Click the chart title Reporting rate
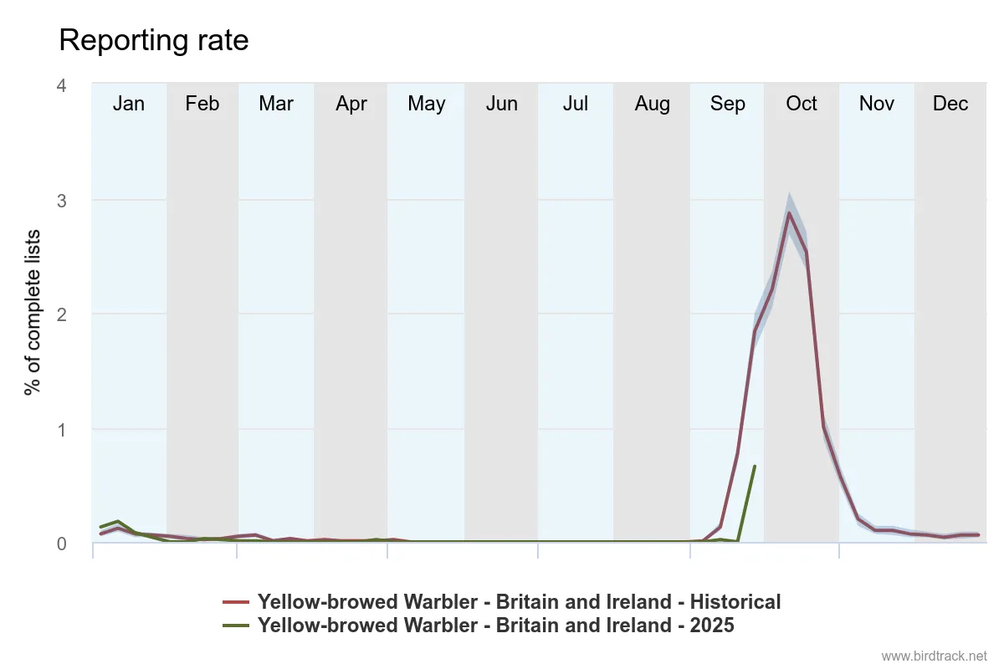(154, 40)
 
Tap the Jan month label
(129, 104)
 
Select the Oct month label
(802, 104)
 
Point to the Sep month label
(727, 104)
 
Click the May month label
(427, 104)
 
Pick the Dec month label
(950, 104)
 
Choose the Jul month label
(576, 104)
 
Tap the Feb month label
(202, 104)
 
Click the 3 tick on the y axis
(62, 201)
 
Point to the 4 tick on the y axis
(62, 86)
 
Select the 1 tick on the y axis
(62, 430)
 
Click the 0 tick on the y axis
(62, 544)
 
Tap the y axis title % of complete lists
(33, 313)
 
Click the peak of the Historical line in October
(789, 212)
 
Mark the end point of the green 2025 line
(755, 467)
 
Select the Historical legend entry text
(519, 602)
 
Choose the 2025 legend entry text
(495, 625)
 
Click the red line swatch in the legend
(237, 602)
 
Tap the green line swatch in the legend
(237, 625)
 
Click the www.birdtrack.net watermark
(935, 656)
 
